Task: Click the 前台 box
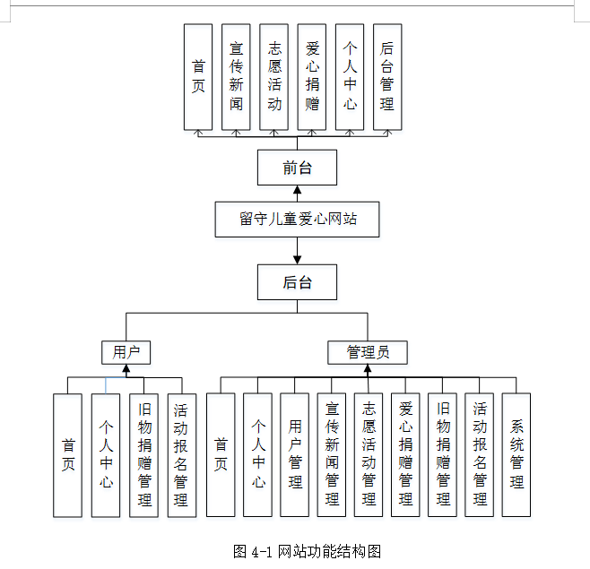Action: pyautogui.click(x=297, y=168)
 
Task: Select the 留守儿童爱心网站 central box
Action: pyautogui.click(x=297, y=219)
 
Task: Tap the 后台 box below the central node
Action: pyautogui.click(x=297, y=282)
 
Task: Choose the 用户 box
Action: pyautogui.click(x=126, y=352)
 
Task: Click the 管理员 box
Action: pyautogui.click(x=368, y=352)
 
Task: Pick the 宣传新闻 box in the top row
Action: pyautogui.click(x=236, y=76)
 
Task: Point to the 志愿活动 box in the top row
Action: pyautogui.click(x=274, y=76)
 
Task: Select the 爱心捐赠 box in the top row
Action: pyautogui.click(x=312, y=76)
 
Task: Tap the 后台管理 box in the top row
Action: pyautogui.click(x=386, y=76)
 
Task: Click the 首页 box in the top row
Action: pyautogui.click(x=198, y=76)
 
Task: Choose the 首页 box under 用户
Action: pyautogui.click(x=68, y=455)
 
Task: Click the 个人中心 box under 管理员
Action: pyautogui.click(x=257, y=455)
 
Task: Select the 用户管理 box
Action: pyautogui.click(x=295, y=455)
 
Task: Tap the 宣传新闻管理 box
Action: pyautogui.click(x=332, y=455)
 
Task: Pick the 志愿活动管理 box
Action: pyautogui.click(x=369, y=455)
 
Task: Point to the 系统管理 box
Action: pyautogui.click(x=516, y=455)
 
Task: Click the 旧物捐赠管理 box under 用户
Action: pyautogui.click(x=143, y=455)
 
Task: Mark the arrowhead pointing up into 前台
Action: pyautogui.click(x=297, y=190)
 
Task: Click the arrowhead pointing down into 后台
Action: pyautogui.click(x=297, y=259)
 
